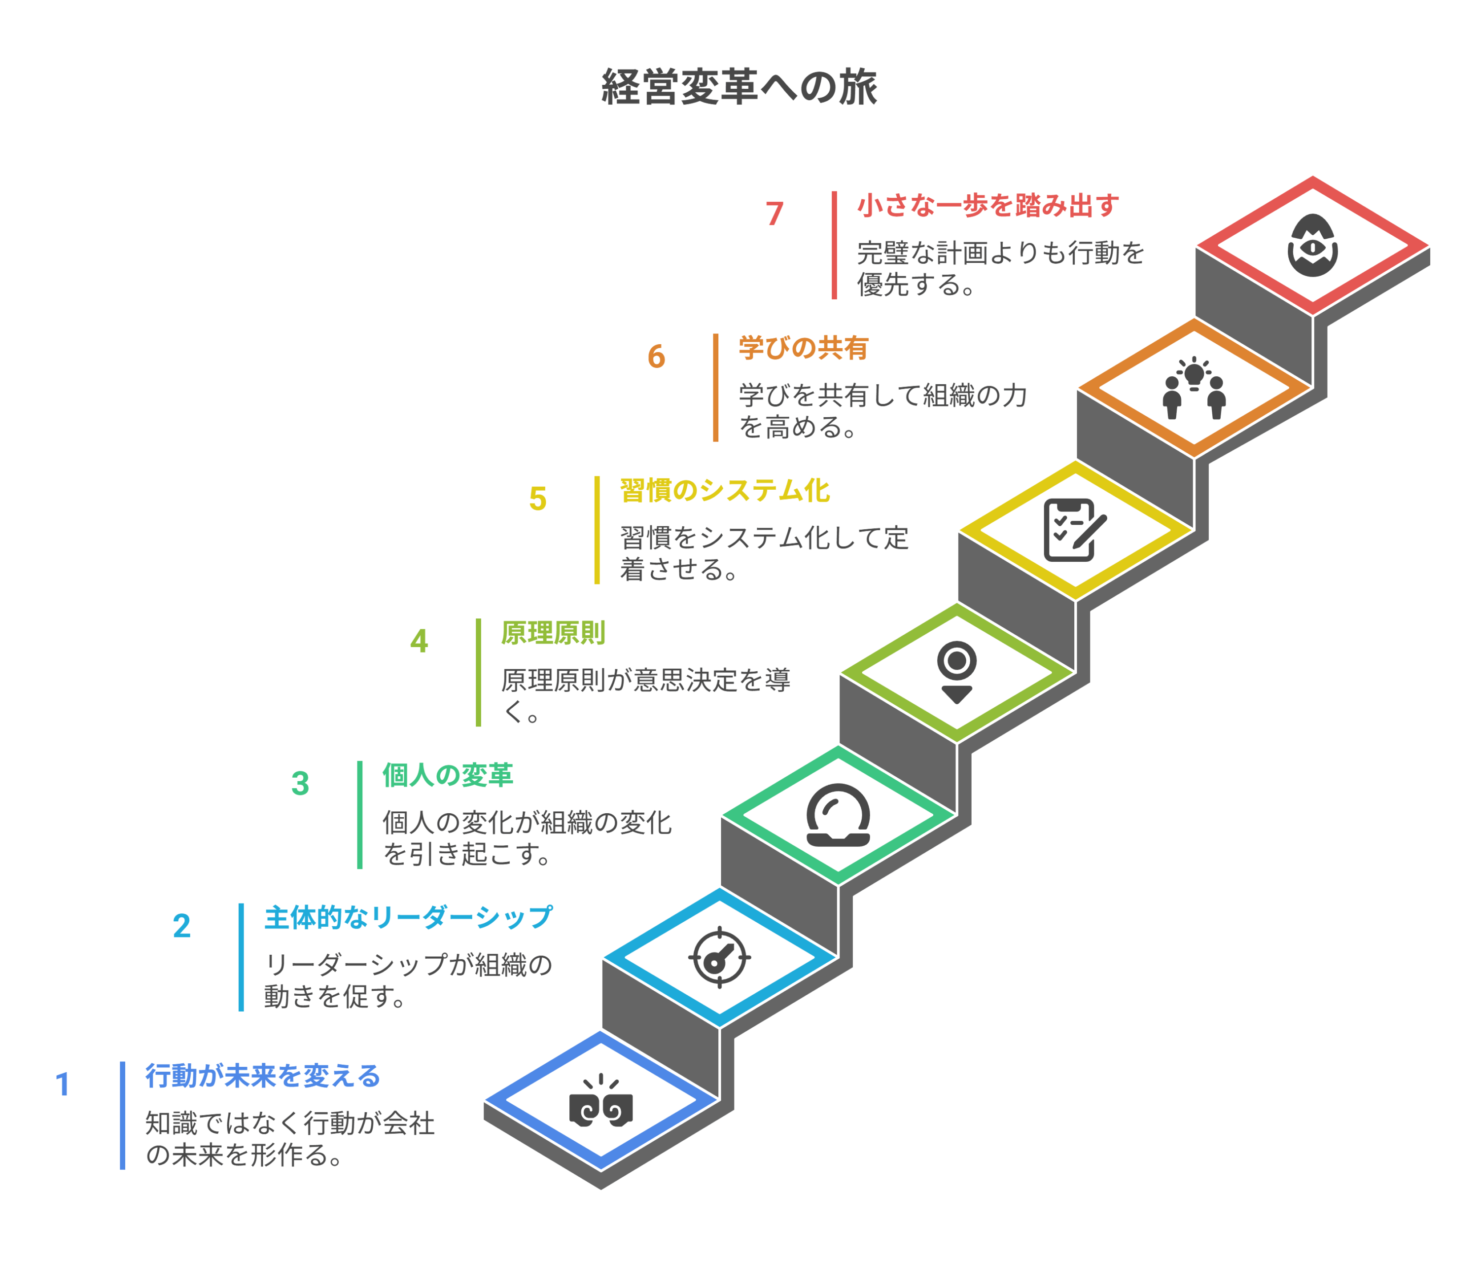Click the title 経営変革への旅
(739, 87)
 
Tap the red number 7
(775, 214)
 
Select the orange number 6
(656, 356)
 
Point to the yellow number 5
(537, 499)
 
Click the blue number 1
(63, 1084)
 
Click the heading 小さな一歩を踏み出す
(988, 206)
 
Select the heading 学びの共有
(803, 349)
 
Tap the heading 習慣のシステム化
(725, 491)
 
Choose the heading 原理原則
(553, 633)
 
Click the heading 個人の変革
(448, 775)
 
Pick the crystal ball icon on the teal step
(838, 815)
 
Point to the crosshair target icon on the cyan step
(719, 958)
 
